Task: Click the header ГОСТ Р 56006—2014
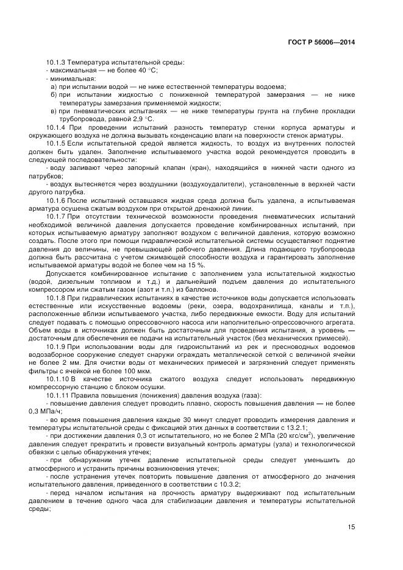tap(321, 43)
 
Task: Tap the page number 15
tap(351, 527)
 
